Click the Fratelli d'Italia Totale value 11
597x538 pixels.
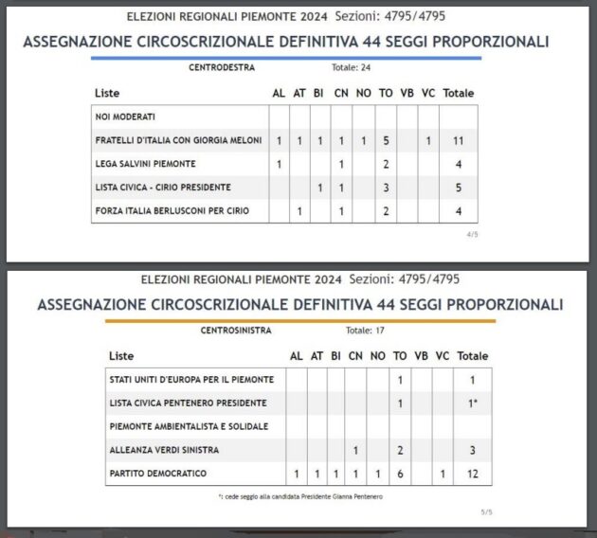(x=458, y=140)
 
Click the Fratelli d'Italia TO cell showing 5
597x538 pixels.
(x=387, y=140)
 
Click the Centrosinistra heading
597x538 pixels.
(x=237, y=332)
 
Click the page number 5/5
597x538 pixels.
(x=486, y=512)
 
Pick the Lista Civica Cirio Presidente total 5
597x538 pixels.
(x=458, y=188)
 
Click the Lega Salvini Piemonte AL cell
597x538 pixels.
(x=279, y=164)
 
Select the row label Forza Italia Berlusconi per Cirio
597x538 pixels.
(x=172, y=210)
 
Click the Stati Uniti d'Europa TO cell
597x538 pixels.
(x=402, y=379)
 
